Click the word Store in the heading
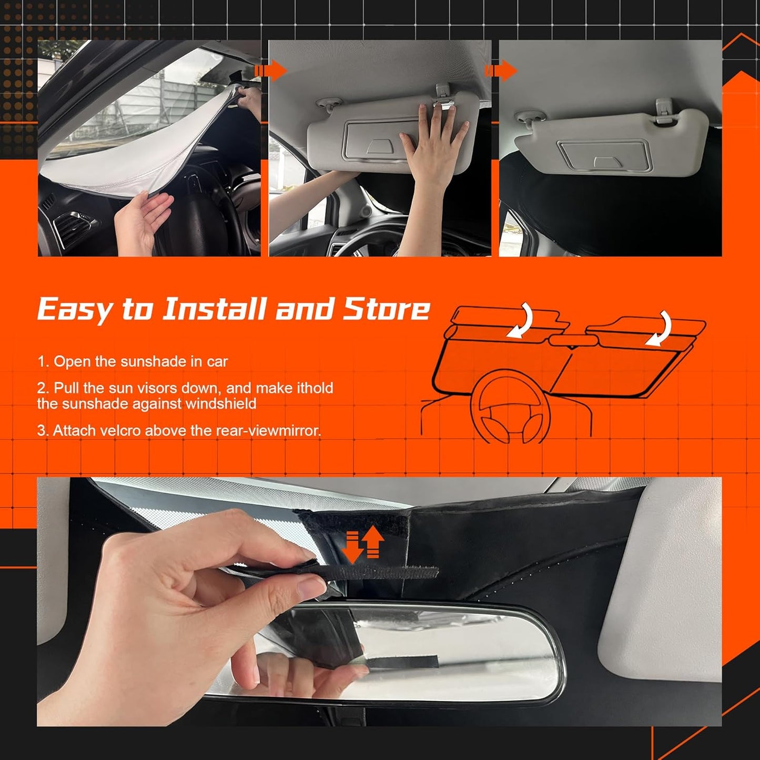coord(387,309)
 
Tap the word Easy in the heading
coord(74,309)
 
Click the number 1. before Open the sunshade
coord(43,362)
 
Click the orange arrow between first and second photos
coord(270,70)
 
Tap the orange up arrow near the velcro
coord(373,542)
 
